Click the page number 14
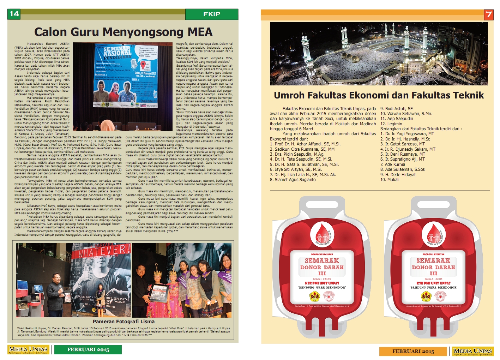click(14, 14)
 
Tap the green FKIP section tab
click(211, 14)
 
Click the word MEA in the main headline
click(200, 32)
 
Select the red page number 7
click(488, 14)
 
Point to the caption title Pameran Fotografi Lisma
click(124, 322)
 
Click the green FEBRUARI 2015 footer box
click(88, 349)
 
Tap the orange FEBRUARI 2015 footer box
click(413, 351)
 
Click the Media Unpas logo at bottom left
click(28, 350)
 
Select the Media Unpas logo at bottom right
click(472, 351)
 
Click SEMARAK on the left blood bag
click(321, 261)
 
